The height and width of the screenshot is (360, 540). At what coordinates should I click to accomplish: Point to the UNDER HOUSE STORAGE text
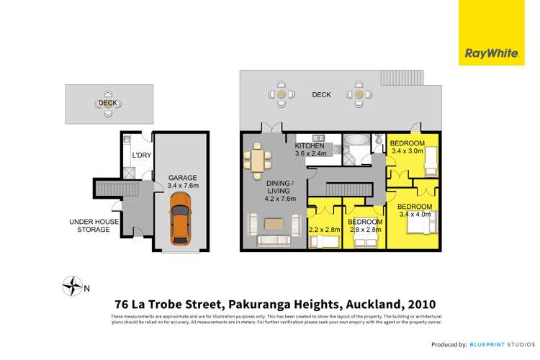point(89,225)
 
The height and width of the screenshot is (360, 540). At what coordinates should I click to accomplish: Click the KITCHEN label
point(311,145)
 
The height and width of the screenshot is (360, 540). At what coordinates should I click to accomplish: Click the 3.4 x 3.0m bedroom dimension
point(407,151)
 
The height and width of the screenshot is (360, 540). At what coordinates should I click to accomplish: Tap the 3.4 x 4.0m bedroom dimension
point(414,214)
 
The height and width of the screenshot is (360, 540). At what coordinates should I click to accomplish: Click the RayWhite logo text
point(483,53)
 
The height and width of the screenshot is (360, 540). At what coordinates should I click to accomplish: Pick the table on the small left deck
point(107,104)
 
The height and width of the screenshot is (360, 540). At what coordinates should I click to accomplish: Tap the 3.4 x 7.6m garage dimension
point(182,186)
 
